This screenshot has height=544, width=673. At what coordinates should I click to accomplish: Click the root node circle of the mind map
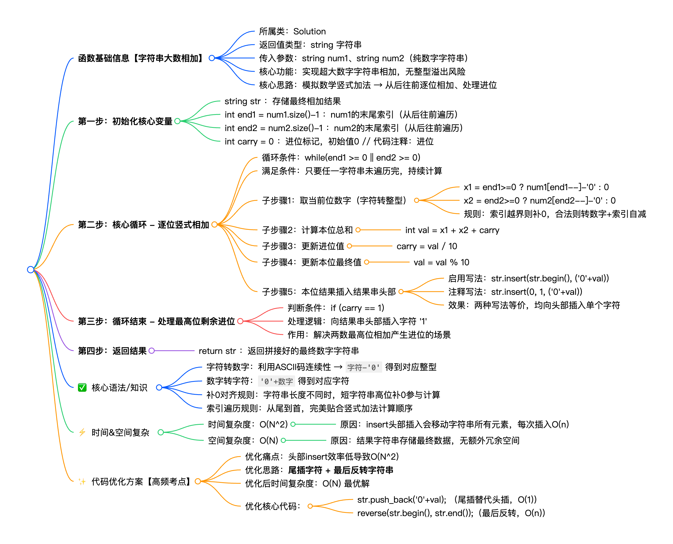(x=30, y=270)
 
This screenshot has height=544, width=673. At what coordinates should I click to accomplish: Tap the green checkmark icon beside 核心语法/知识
(x=82, y=388)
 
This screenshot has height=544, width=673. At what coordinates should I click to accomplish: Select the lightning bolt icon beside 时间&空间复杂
(x=82, y=433)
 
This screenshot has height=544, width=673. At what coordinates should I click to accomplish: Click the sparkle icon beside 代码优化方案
(x=82, y=481)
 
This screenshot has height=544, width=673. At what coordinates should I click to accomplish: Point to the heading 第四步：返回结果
(x=112, y=351)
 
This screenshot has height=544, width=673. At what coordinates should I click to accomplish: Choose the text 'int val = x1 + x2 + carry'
(x=452, y=230)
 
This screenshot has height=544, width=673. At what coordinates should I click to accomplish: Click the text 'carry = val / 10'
(x=427, y=246)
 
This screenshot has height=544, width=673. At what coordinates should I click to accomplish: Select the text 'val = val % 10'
(x=441, y=262)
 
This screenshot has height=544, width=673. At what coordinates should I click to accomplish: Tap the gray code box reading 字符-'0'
(x=363, y=367)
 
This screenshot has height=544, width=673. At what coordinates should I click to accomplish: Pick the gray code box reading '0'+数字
(x=276, y=381)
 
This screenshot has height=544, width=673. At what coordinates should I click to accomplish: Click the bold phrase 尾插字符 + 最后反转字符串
(x=340, y=470)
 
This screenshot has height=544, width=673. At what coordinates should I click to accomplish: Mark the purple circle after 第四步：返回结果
(x=152, y=351)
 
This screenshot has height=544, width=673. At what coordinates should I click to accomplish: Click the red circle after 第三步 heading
(x=240, y=321)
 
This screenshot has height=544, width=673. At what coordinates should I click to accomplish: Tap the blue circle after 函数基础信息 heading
(x=212, y=58)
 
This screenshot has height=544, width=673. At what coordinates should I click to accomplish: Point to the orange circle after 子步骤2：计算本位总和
(x=358, y=230)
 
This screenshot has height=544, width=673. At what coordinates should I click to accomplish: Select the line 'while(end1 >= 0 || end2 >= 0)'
(x=362, y=157)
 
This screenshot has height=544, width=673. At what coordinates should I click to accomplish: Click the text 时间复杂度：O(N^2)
(x=248, y=424)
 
